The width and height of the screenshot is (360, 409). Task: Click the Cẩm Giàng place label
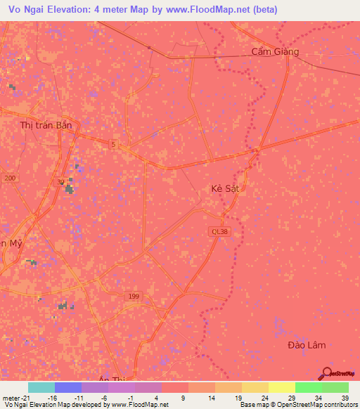click(x=275, y=51)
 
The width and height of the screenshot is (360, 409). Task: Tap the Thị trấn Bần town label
click(x=46, y=125)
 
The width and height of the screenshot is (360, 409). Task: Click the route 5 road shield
click(x=113, y=144)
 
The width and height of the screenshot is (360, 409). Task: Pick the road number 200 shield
click(x=9, y=178)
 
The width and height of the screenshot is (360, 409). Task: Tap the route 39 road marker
click(x=61, y=181)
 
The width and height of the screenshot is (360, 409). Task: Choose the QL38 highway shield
click(x=219, y=231)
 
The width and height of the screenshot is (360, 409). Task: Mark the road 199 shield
click(x=134, y=297)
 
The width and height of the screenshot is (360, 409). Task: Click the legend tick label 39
click(x=345, y=398)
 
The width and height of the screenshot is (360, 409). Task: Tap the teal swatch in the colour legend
click(x=41, y=387)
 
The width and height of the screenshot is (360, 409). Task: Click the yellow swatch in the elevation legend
click(x=281, y=387)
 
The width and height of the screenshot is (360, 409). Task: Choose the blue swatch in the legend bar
click(x=67, y=387)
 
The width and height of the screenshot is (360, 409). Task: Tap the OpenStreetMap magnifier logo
click(x=326, y=372)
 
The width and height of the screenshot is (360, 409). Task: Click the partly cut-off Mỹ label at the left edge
click(x=11, y=243)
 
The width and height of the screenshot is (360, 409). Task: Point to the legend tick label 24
click(x=265, y=398)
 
